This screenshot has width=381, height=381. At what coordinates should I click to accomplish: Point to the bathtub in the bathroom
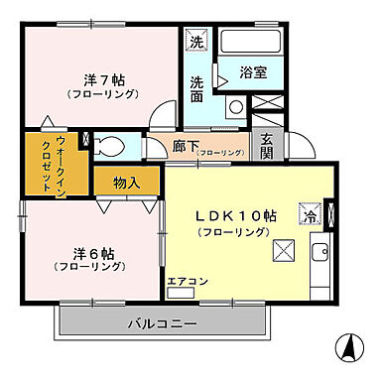pyautogui.click(x=248, y=44)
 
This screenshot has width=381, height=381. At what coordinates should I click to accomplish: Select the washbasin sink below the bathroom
pyautogui.click(x=235, y=107)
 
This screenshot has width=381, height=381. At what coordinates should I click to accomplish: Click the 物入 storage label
pyautogui.click(x=127, y=182)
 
